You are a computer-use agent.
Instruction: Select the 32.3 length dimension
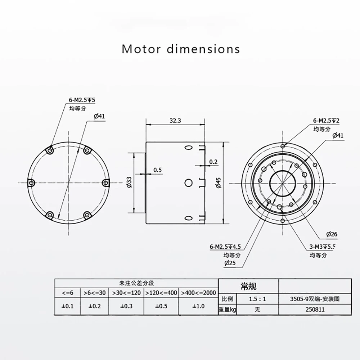click(175, 121)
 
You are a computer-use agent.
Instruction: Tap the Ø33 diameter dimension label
click(130, 182)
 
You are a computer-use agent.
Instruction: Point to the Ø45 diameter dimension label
click(219, 183)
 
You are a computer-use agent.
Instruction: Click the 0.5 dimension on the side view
click(158, 170)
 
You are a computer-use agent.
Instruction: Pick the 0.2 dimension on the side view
click(213, 162)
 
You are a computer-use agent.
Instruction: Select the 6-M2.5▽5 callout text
click(82, 100)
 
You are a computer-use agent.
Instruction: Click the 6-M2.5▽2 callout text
click(326, 121)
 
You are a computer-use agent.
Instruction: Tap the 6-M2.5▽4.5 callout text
click(225, 247)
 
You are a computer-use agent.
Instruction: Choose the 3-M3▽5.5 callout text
click(322, 247)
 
